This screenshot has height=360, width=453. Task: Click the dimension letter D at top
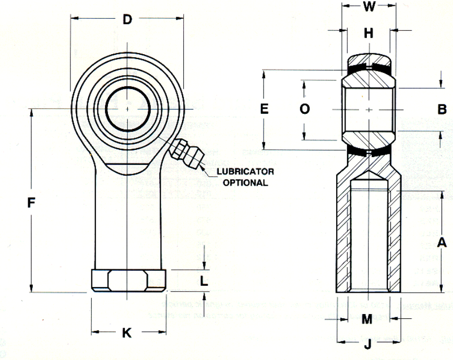click(x=127, y=20)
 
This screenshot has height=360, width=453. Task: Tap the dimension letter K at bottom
click(x=126, y=332)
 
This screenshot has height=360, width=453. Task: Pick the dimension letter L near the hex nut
click(x=204, y=281)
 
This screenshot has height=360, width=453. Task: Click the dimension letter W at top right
click(x=369, y=6)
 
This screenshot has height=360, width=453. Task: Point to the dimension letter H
click(x=368, y=33)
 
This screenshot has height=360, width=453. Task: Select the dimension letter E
click(x=264, y=109)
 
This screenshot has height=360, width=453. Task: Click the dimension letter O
click(x=305, y=109)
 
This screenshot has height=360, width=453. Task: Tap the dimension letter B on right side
click(x=442, y=110)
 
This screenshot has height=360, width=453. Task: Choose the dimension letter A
click(x=442, y=243)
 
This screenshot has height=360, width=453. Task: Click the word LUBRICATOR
click(x=245, y=172)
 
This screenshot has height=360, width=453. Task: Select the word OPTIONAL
click(x=245, y=183)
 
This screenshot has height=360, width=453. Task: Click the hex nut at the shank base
click(x=128, y=280)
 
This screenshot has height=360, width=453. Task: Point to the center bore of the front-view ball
click(x=128, y=108)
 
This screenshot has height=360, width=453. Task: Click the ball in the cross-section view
click(x=368, y=110)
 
